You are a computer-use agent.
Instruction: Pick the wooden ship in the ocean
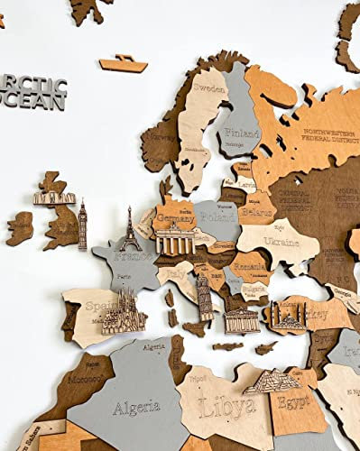click(x=124, y=64)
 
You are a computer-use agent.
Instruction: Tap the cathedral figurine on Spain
click(x=125, y=311)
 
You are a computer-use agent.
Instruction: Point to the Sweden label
click(x=207, y=91)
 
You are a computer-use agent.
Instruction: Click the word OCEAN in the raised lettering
click(x=33, y=102)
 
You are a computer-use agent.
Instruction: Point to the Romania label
click(x=247, y=267)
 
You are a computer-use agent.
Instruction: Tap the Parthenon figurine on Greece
click(x=242, y=319)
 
